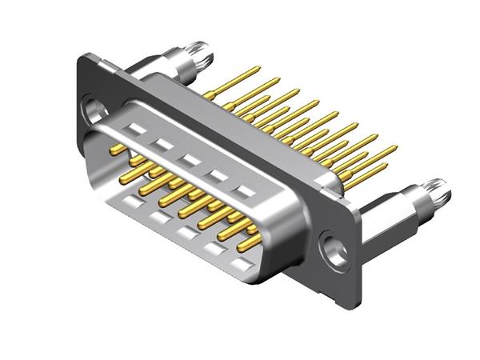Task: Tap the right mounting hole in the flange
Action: click(x=334, y=249)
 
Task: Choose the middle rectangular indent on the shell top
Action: click(x=190, y=159)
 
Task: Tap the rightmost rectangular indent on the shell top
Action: click(x=247, y=191)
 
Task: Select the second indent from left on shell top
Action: click(x=163, y=144)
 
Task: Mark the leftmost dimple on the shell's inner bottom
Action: click(x=129, y=204)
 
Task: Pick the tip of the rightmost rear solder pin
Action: click(x=394, y=148)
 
